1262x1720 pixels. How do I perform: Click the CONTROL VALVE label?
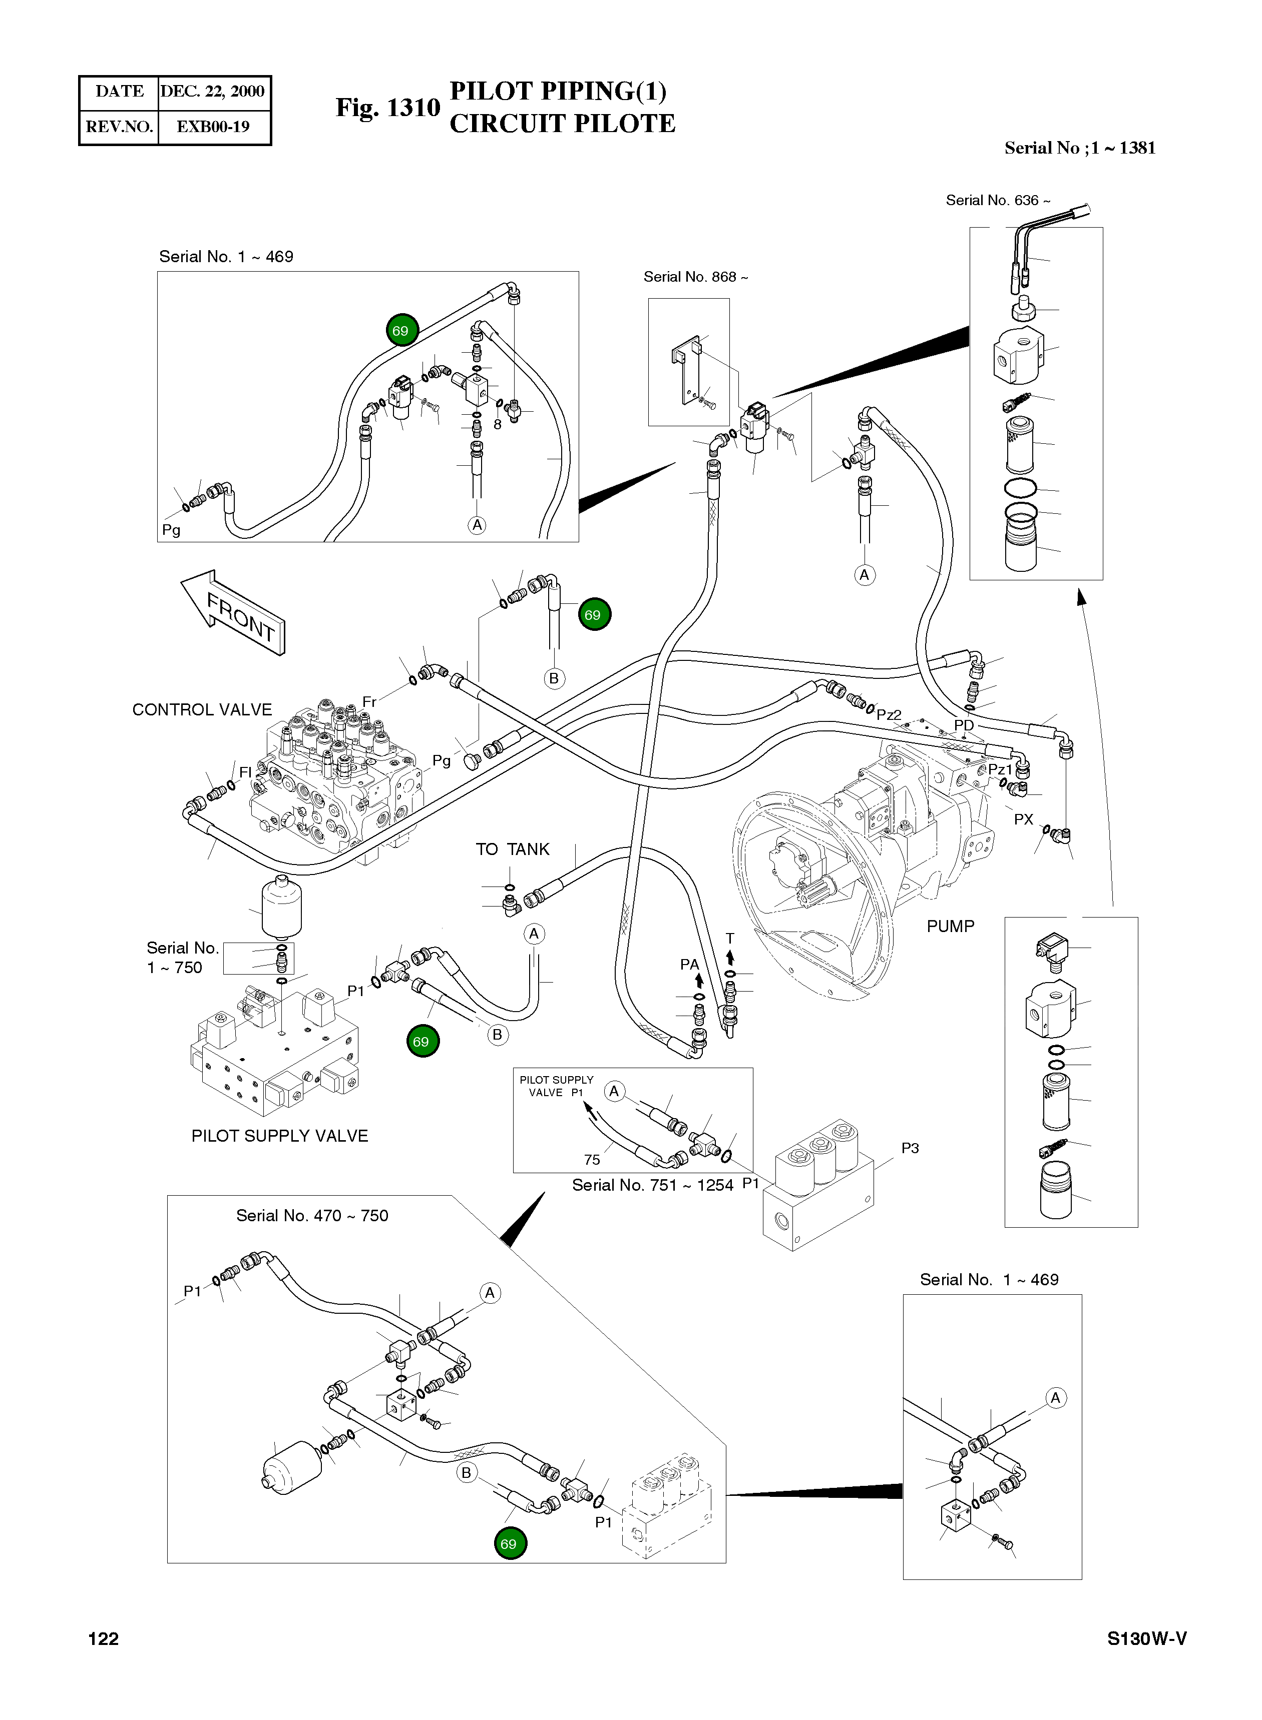coord(202,709)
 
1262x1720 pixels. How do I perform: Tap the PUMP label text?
coord(950,926)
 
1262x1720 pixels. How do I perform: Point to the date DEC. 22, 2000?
coord(212,92)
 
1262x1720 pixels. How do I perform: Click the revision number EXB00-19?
coord(213,127)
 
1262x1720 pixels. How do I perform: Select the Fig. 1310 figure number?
coord(388,108)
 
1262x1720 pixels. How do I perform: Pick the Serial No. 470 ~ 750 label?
coord(312,1215)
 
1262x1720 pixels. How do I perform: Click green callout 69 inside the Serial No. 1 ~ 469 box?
coord(400,331)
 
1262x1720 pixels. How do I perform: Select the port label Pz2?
coord(889,714)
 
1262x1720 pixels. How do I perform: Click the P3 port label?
coord(910,1148)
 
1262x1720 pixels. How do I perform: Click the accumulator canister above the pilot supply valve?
coord(281,906)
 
